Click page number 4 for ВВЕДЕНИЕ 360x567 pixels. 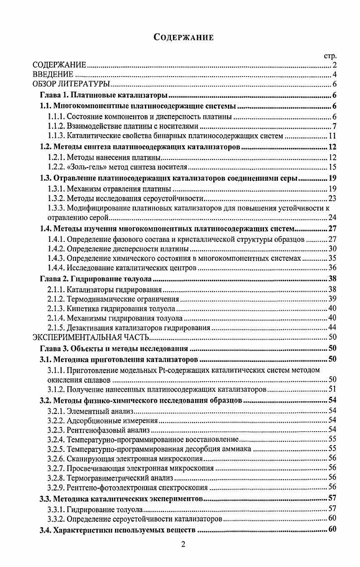point(334,75)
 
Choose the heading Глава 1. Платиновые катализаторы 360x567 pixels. point(104,96)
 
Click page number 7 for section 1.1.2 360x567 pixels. point(334,126)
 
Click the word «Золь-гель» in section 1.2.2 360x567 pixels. point(84,168)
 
